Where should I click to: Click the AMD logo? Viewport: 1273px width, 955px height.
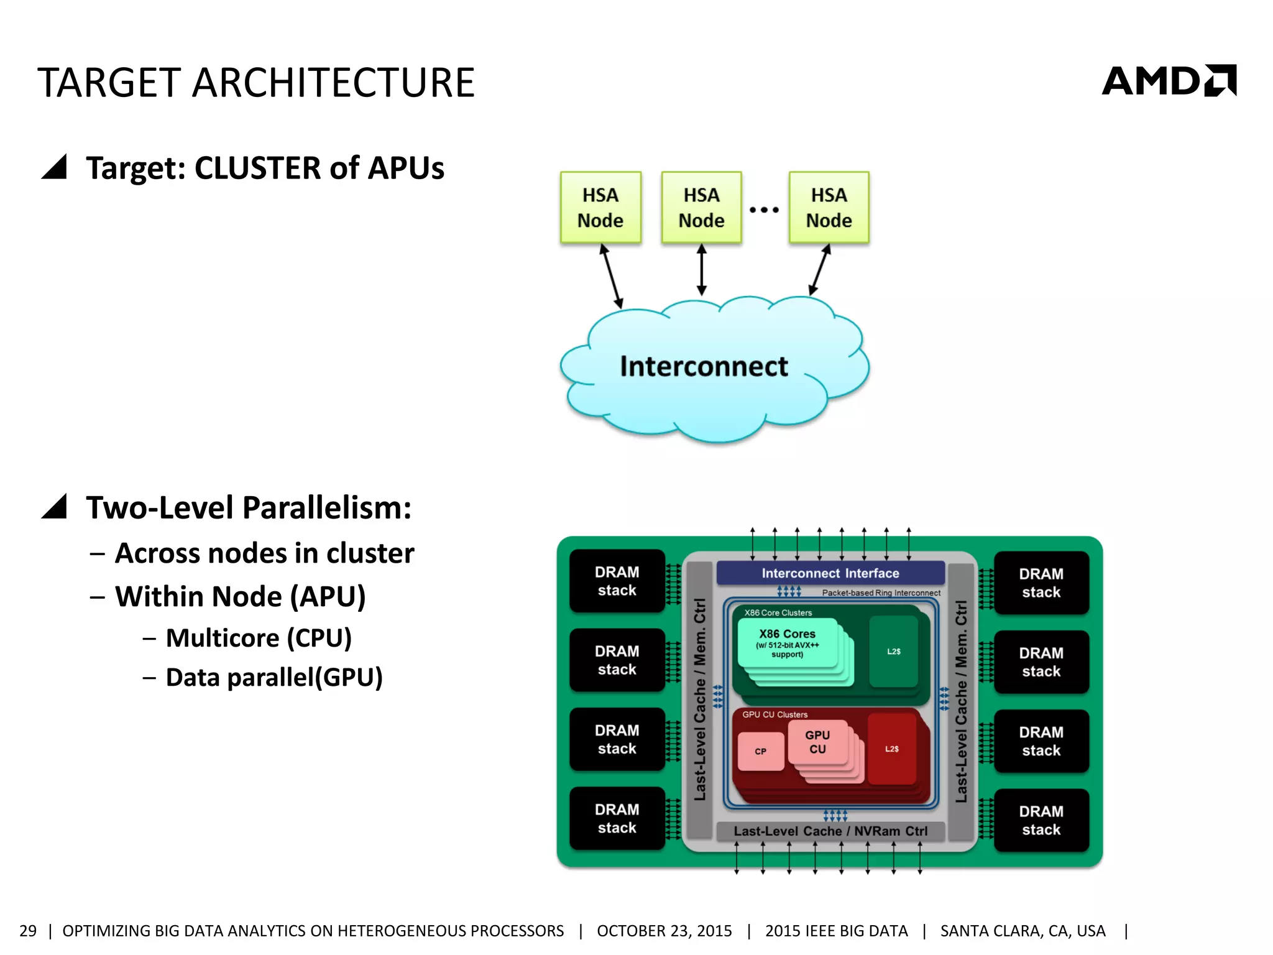tap(1169, 81)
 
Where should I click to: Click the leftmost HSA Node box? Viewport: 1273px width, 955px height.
tap(600, 208)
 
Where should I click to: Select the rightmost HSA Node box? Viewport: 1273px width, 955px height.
tap(829, 208)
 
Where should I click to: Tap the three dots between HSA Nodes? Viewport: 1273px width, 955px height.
tap(764, 210)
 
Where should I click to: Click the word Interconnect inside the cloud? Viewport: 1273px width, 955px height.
tap(704, 366)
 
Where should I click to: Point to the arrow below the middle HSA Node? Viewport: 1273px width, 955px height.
tap(702, 269)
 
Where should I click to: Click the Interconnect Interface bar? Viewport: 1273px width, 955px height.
tap(830, 573)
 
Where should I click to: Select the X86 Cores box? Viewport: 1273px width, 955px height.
tap(787, 644)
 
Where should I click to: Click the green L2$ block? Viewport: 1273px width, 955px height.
tap(894, 652)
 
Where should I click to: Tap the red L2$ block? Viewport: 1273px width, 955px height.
tap(892, 749)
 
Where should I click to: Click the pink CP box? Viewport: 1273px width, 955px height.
tap(761, 751)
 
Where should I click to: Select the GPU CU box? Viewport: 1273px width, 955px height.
tap(817, 742)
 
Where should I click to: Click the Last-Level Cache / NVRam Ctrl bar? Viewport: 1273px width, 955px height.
tap(830, 831)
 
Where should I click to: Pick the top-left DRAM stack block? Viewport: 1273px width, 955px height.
tap(617, 581)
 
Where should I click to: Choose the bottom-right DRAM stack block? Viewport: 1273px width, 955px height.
tap(1041, 820)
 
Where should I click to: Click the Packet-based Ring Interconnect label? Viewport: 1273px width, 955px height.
tap(881, 593)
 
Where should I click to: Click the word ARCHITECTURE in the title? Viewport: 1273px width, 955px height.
tap(333, 83)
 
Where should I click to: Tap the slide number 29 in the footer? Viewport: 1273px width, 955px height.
tap(28, 931)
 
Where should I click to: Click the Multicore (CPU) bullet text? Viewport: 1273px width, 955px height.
tap(259, 638)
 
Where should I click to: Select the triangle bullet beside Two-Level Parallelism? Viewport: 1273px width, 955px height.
tap(55, 507)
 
